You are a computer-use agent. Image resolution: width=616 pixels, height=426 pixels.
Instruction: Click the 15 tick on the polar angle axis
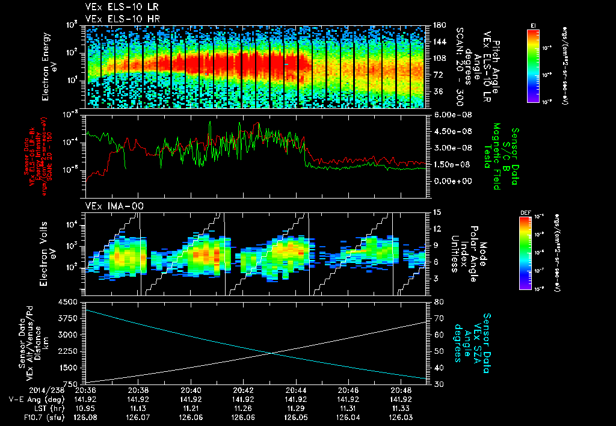click(435, 212)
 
